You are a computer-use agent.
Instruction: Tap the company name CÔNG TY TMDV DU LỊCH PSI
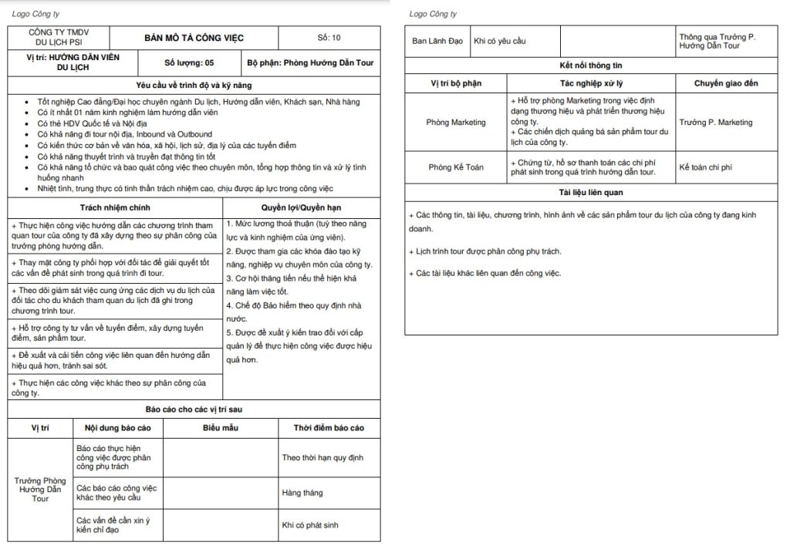58,37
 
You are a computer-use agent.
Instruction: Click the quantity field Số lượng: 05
189,62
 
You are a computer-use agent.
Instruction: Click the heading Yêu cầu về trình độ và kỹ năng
194,85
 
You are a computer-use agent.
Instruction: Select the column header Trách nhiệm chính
115,207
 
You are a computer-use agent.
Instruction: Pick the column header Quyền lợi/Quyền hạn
302,207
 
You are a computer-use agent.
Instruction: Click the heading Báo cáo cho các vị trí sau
194,409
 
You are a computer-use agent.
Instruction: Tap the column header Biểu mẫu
220,427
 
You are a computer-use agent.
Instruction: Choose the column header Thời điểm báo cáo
329,427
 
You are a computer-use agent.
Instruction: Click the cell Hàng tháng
302,493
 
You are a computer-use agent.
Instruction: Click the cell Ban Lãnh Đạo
437,41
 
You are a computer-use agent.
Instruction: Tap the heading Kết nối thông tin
592,66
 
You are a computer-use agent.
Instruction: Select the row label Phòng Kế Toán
456,167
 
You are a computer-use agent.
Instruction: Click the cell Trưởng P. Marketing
716,123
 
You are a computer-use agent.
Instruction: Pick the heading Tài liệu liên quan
592,192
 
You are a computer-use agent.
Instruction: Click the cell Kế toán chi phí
706,167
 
